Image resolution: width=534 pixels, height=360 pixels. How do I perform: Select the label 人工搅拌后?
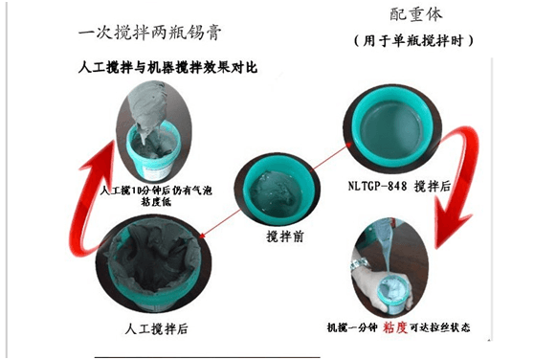[x=156, y=329]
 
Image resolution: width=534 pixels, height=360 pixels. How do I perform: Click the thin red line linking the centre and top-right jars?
[x=316, y=153]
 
